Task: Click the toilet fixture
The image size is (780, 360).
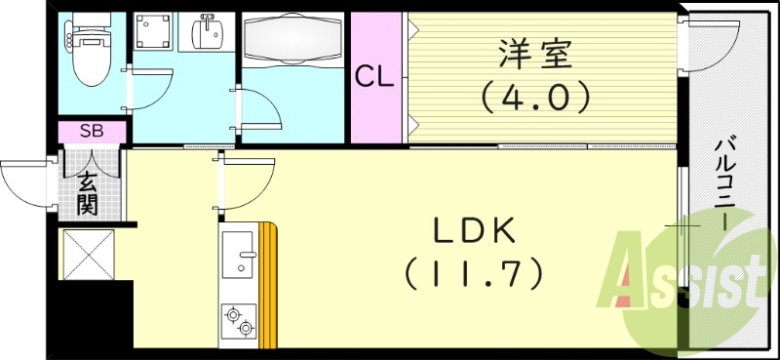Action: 92,45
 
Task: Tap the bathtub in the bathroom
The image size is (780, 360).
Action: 293,42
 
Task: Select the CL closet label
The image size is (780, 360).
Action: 374,77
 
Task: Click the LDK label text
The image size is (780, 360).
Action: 475,232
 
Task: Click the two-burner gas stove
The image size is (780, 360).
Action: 239,320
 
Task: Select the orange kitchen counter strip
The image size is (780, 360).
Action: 270,283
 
